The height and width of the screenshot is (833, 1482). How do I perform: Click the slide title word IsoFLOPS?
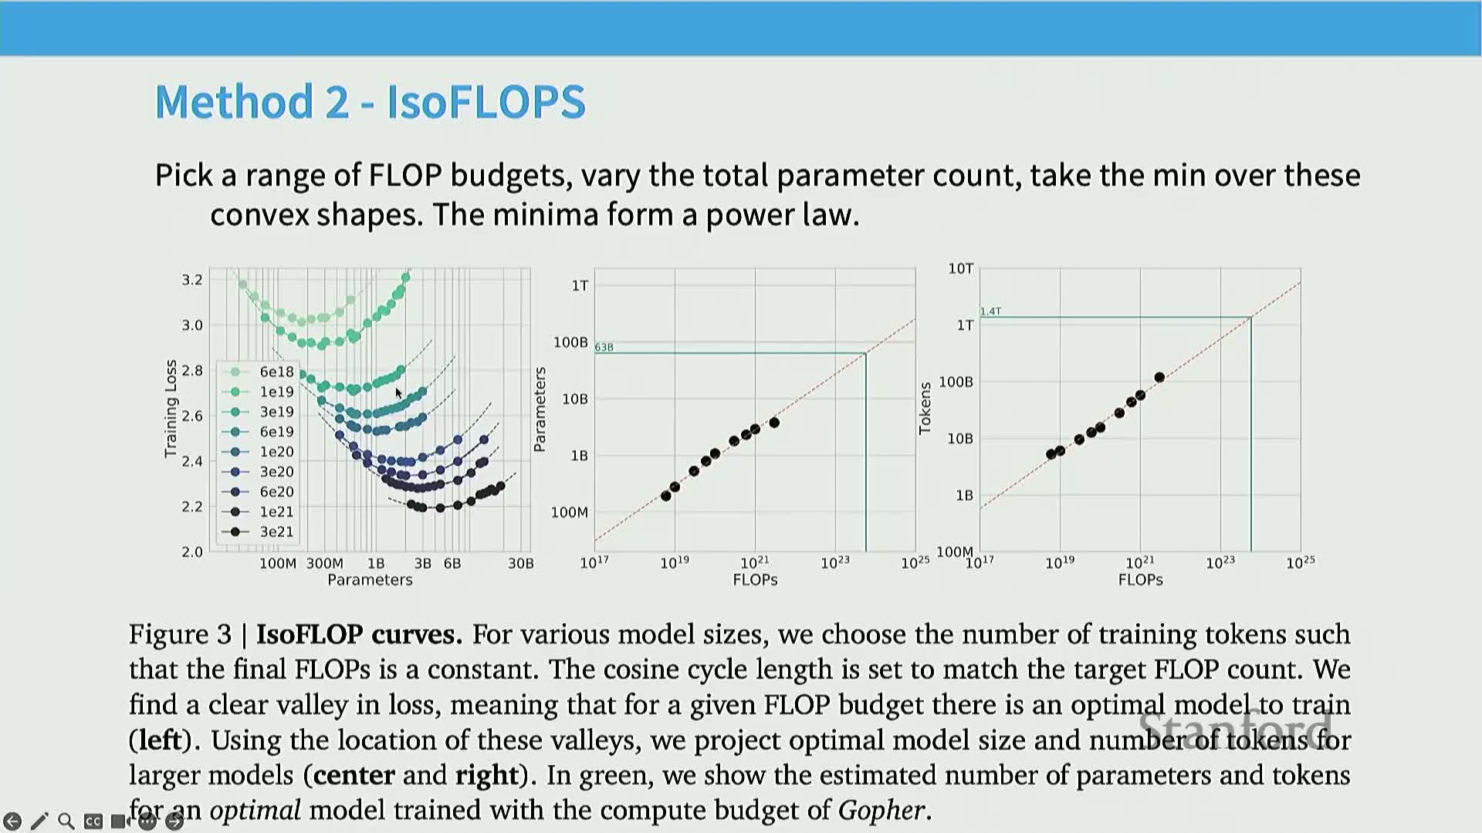[x=486, y=102]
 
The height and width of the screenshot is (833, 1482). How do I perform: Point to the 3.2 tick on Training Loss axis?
[x=192, y=279]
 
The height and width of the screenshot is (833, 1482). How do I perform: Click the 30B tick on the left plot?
[x=521, y=563]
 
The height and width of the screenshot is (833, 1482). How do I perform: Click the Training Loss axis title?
[x=171, y=409]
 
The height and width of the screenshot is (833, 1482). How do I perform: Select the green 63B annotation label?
[x=604, y=347]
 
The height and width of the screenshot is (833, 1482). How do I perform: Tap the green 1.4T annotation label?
[x=991, y=312]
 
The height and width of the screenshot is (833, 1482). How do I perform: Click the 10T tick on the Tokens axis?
[x=961, y=268]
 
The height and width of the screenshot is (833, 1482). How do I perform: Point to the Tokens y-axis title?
[x=925, y=409]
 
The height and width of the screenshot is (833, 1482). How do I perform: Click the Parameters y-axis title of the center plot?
[x=540, y=409]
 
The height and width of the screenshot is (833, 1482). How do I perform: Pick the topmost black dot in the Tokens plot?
[x=1159, y=377]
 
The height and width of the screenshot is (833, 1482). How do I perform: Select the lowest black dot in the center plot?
[x=666, y=496]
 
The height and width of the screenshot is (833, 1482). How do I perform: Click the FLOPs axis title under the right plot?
[x=1140, y=580]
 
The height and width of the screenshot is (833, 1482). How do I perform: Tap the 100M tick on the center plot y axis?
[x=570, y=512]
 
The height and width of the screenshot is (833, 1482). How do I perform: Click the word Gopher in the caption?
[x=881, y=811]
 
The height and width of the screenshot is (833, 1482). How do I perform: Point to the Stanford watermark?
[x=1236, y=728]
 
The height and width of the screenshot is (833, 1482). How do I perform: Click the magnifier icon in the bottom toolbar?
[x=66, y=821]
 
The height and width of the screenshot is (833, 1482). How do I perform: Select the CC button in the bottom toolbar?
[x=93, y=821]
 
